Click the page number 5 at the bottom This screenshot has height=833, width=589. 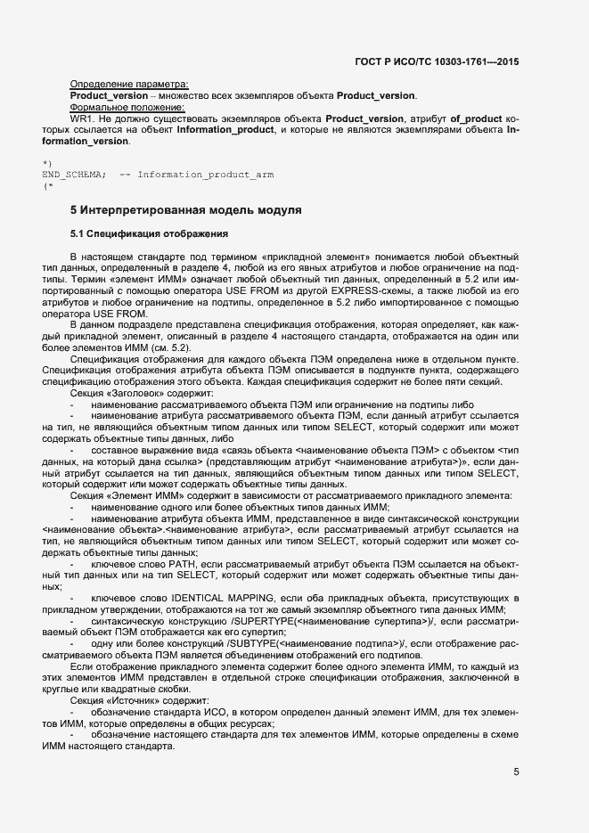[x=516, y=772]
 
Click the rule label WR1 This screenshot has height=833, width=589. [x=83, y=118]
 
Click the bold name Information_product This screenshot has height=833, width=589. [x=229, y=130]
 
